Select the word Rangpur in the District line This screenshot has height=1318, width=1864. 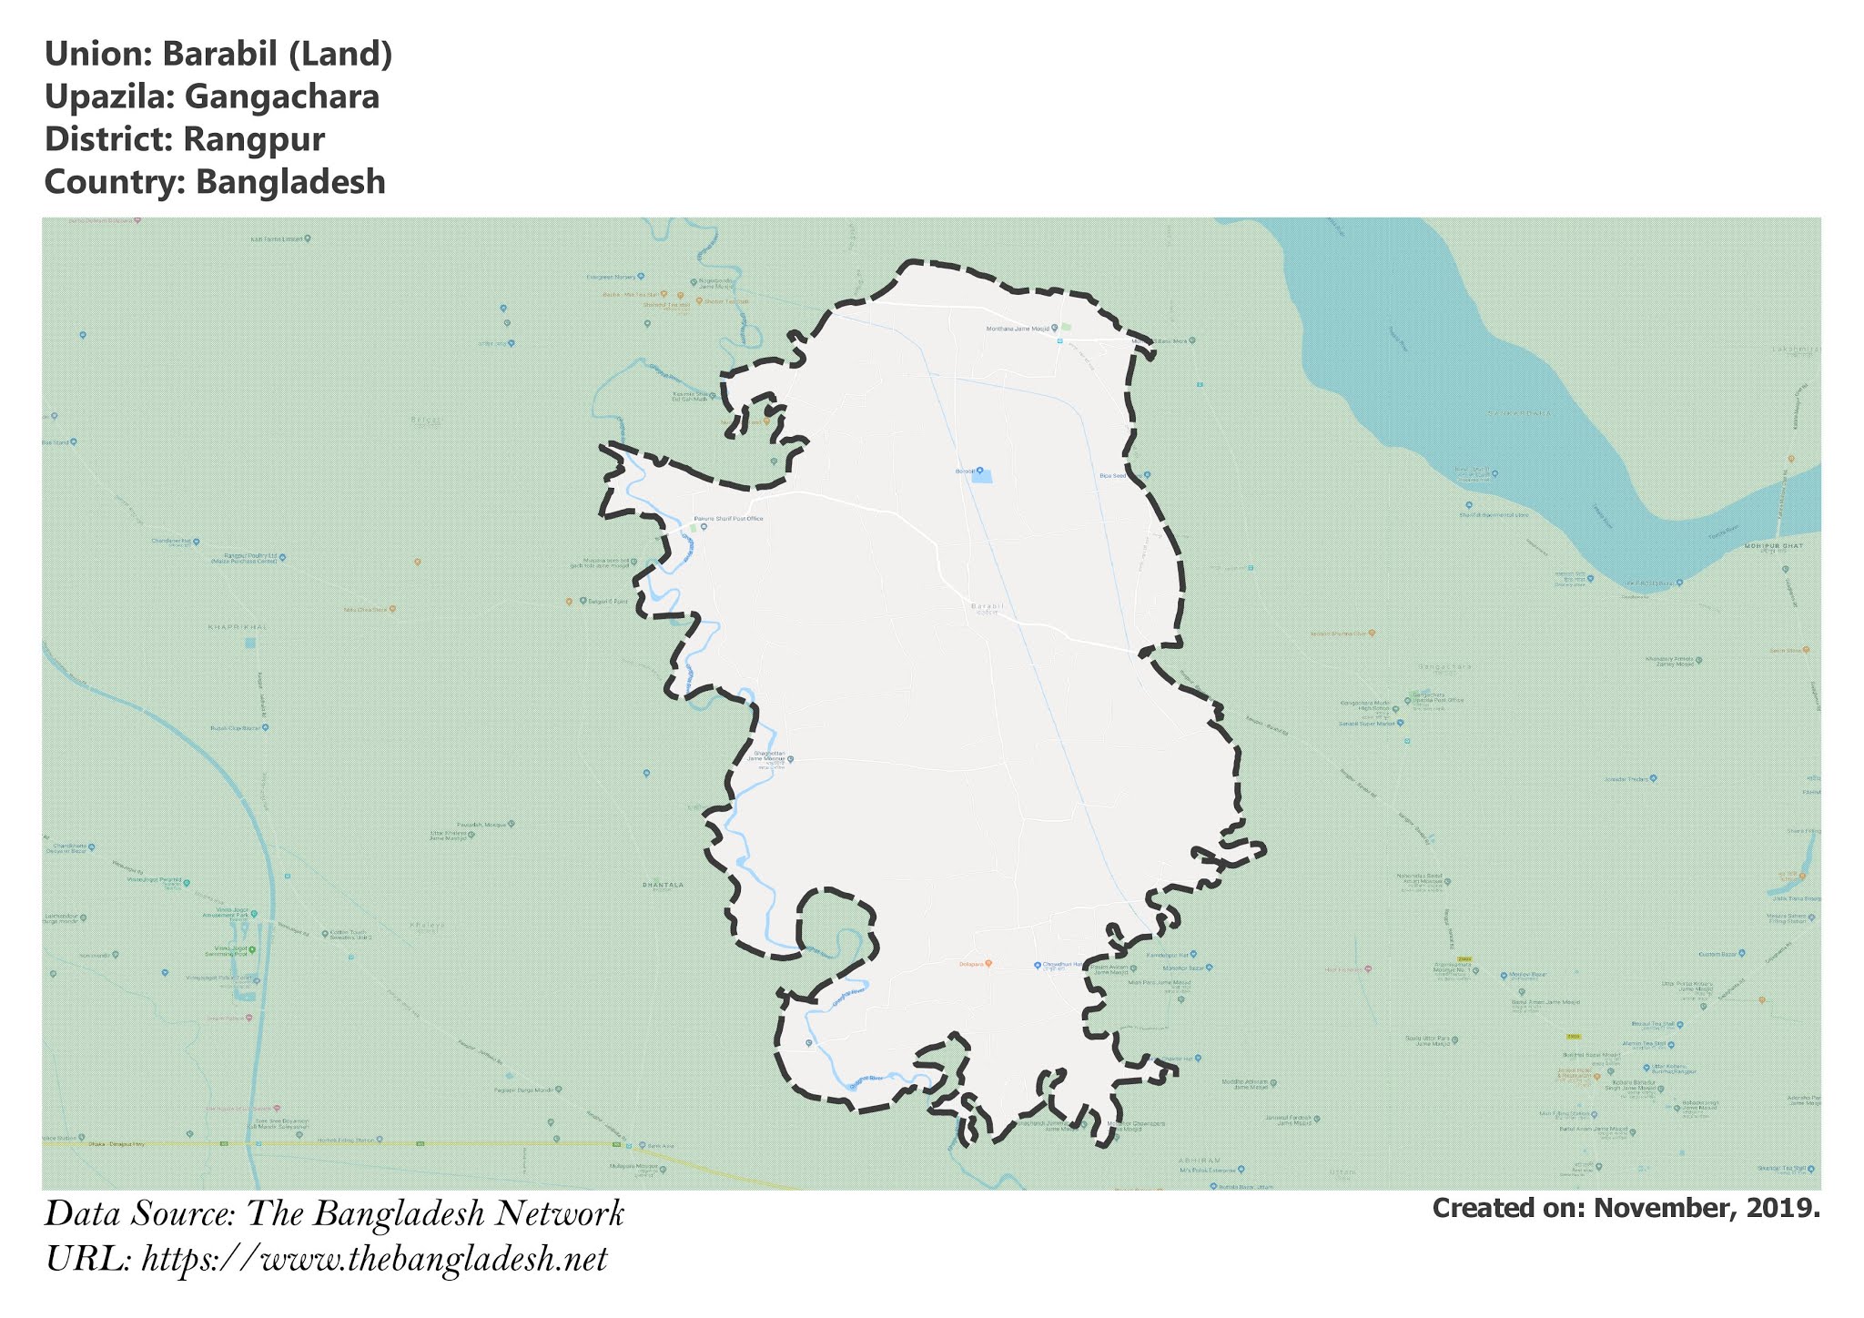pyautogui.click(x=254, y=139)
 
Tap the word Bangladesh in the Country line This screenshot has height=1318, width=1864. pyautogui.click(x=290, y=182)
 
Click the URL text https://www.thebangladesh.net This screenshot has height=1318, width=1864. pyautogui.click(x=374, y=1260)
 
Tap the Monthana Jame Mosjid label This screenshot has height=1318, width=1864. pyautogui.click(x=1018, y=329)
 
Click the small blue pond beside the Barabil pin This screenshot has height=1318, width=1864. pyautogui.click(x=982, y=476)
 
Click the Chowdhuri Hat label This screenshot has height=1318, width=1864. pyautogui.click(x=1061, y=965)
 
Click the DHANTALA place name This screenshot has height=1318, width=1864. pyautogui.click(x=663, y=885)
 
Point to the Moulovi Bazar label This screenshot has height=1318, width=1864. pyautogui.click(x=1528, y=975)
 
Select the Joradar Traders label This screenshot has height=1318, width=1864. pyautogui.click(x=1626, y=779)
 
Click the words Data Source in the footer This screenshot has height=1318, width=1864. pyautogui.click(x=140, y=1214)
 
